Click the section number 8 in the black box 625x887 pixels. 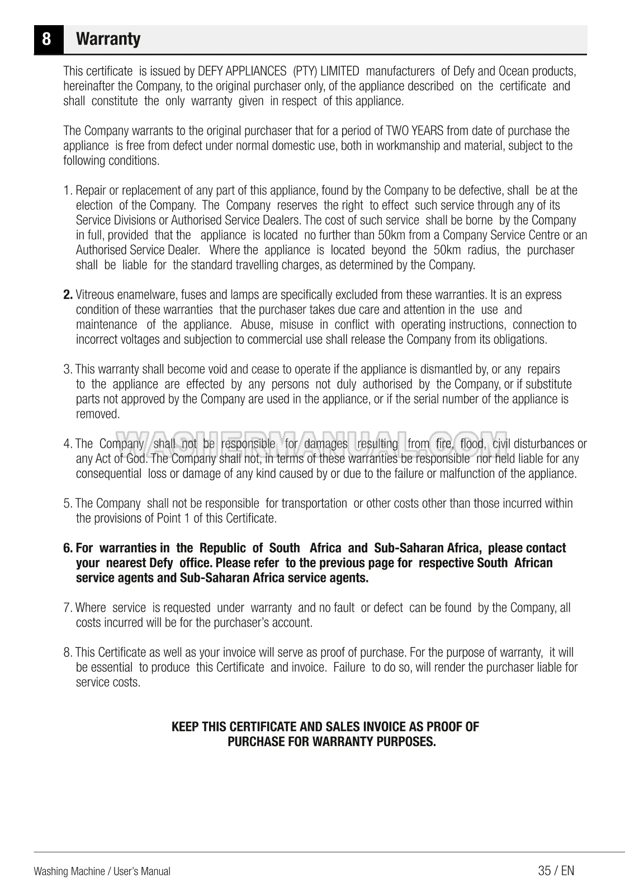(48, 40)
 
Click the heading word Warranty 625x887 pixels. (108, 39)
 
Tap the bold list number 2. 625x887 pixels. (68, 295)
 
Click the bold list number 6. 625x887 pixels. (68, 548)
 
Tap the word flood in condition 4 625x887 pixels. (472, 444)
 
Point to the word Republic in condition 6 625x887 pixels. (222, 548)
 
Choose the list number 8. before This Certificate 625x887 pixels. (68, 652)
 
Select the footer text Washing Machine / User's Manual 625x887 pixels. (102, 871)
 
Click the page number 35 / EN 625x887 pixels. (556, 870)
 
